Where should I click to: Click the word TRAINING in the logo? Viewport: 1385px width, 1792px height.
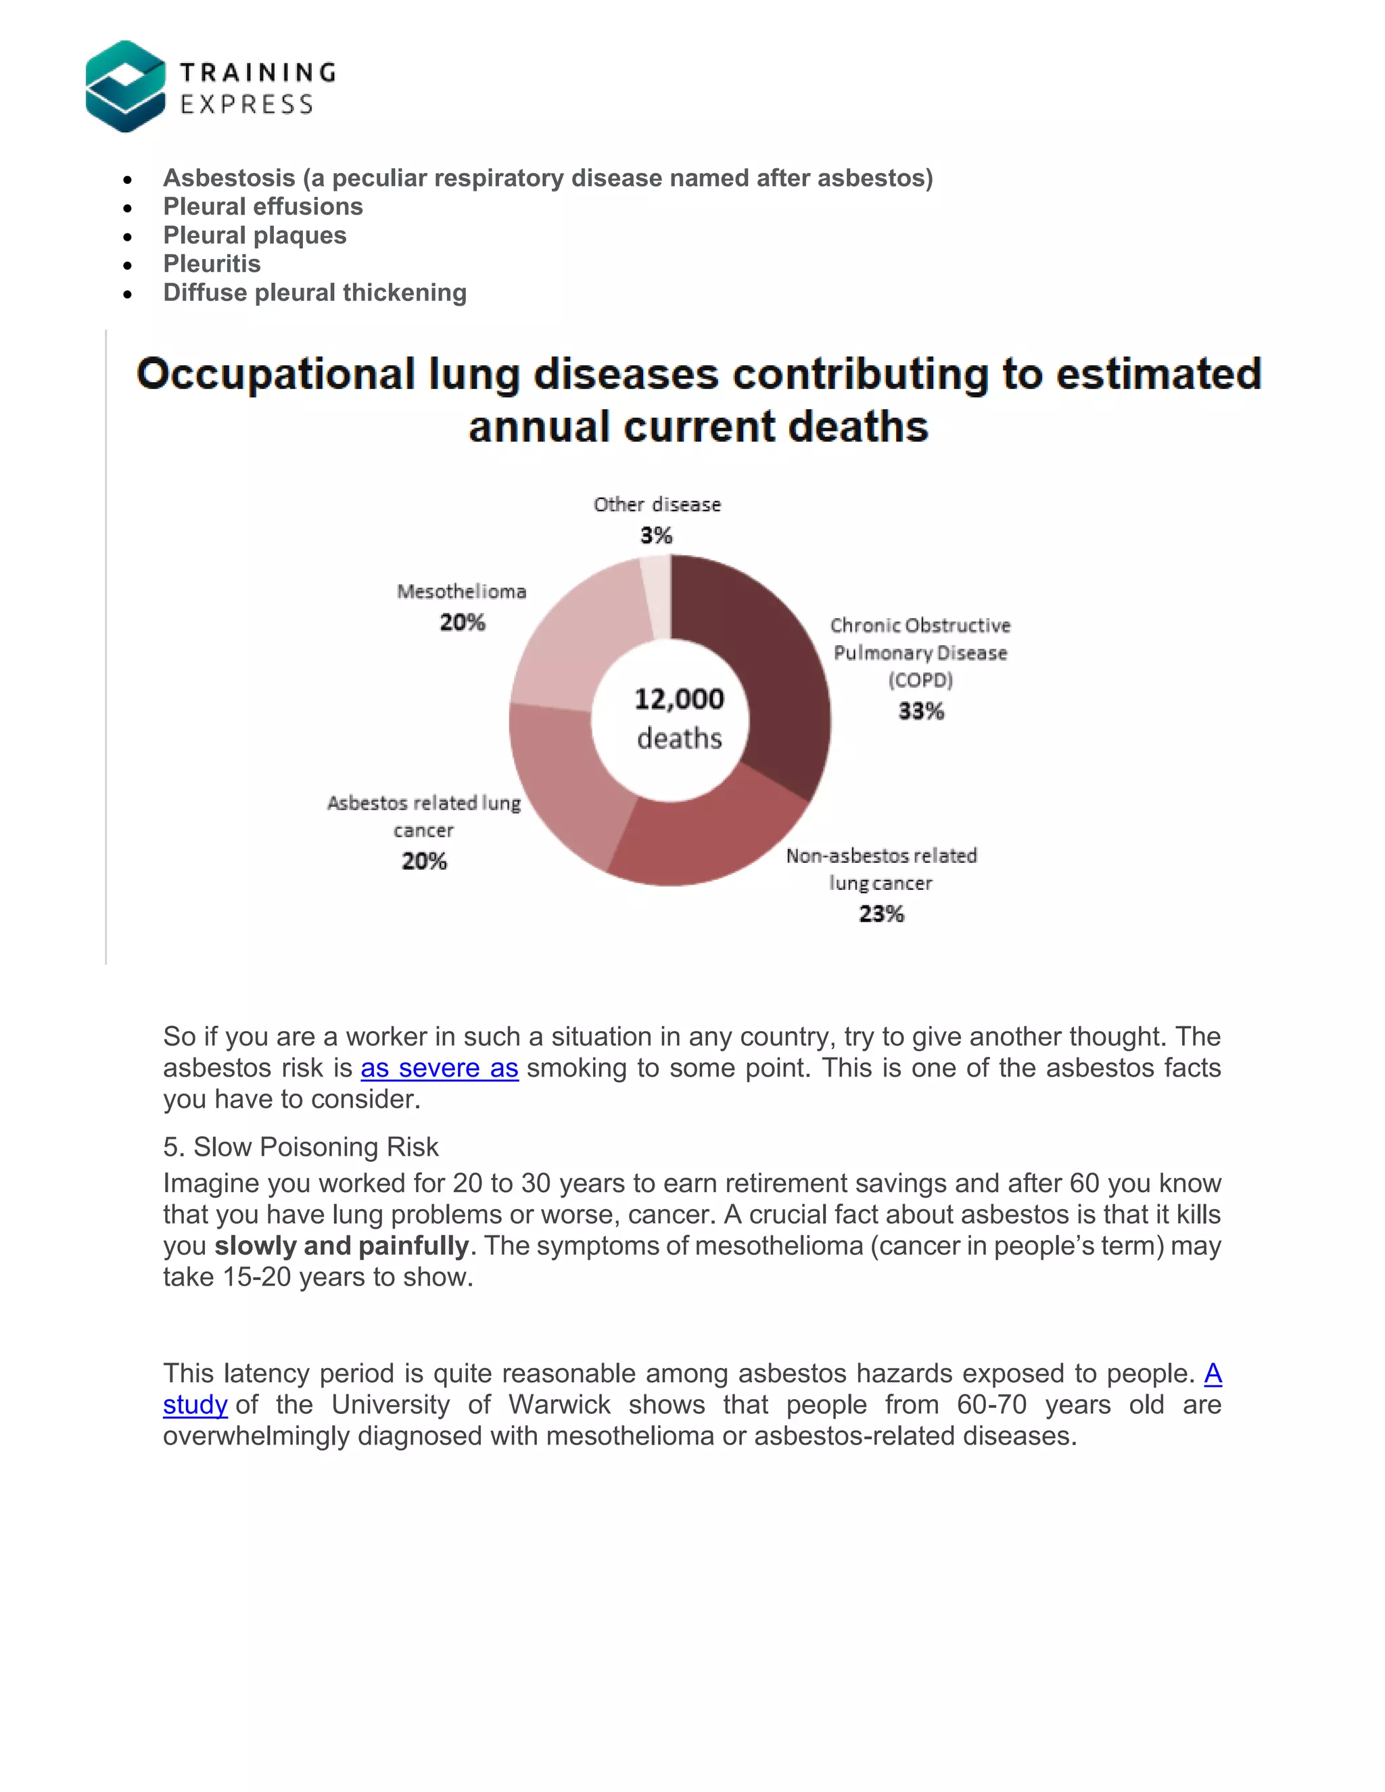click(x=258, y=72)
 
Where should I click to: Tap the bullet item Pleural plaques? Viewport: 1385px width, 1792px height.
click(x=254, y=235)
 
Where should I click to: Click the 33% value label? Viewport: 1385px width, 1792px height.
click(x=920, y=711)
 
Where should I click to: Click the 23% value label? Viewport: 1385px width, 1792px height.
click(x=881, y=913)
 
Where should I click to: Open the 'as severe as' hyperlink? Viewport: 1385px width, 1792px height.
click(x=439, y=1068)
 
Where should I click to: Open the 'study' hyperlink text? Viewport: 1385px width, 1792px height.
click(x=195, y=1405)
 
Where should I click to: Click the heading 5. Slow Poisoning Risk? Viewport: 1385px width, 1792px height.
click(x=300, y=1146)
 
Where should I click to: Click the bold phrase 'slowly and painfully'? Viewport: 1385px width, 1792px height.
click(x=342, y=1246)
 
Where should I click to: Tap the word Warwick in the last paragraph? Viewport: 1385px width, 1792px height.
click(x=559, y=1405)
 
